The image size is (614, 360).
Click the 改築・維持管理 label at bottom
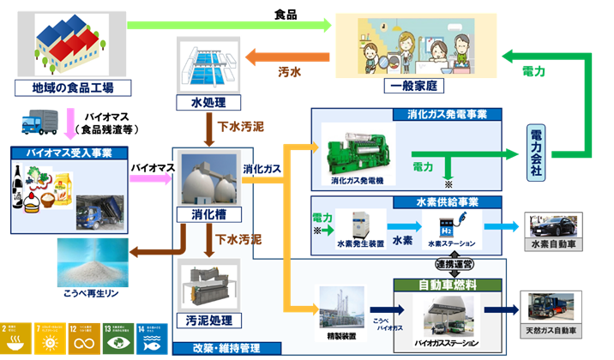point(226,348)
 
